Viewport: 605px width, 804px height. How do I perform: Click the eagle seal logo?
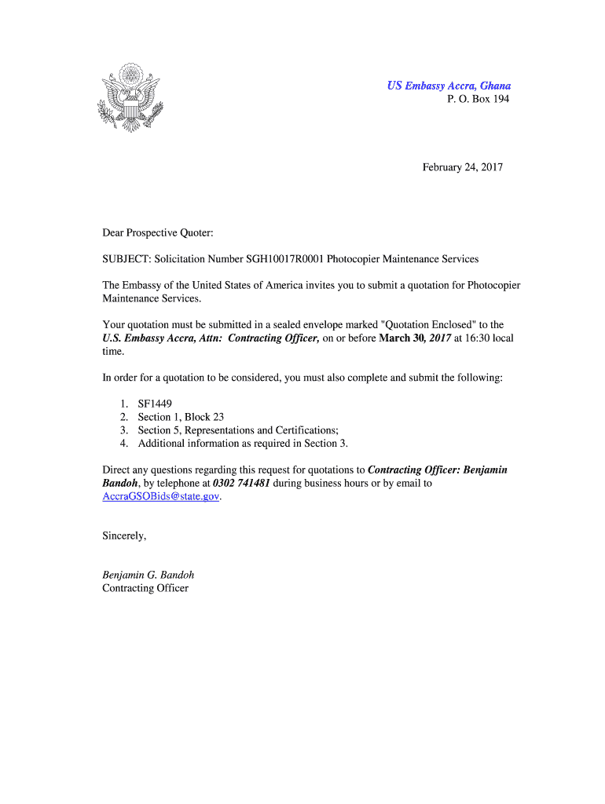tap(130, 98)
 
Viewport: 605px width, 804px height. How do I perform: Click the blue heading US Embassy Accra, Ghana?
tap(448, 86)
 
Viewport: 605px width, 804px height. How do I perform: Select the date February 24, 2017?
tap(463, 167)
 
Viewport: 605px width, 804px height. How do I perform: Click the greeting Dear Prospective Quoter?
tap(158, 233)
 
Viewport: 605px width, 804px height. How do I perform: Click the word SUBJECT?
tap(126, 258)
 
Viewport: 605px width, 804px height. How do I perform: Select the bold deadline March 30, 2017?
tap(415, 338)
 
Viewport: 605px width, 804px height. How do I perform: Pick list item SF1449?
tap(155, 404)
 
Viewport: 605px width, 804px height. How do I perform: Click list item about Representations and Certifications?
tap(238, 430)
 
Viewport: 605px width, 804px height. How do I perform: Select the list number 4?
tap(124, 444)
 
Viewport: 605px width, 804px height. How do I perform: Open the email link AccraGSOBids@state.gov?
tap(160, 497)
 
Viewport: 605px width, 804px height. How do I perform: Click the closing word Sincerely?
tap(124, 536)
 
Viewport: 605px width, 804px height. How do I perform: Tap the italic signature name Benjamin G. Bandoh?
tap(148, 575)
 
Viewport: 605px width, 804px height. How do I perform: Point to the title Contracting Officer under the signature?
tap(145, 588)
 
